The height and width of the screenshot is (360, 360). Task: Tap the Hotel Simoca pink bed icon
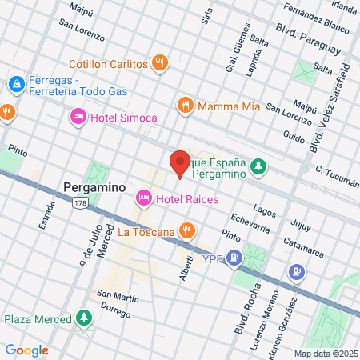[78, 118]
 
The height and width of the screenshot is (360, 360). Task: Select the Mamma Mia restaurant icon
[186, 105]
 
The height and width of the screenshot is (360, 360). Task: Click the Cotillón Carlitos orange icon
[160, 63]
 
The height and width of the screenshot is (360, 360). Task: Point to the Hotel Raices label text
[176, 198]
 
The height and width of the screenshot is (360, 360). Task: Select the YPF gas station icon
[234, 258]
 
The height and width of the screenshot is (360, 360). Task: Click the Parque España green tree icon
[258, 166]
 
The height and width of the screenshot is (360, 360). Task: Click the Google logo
[26, 350]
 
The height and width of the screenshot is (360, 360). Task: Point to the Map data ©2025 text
[326, 354]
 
